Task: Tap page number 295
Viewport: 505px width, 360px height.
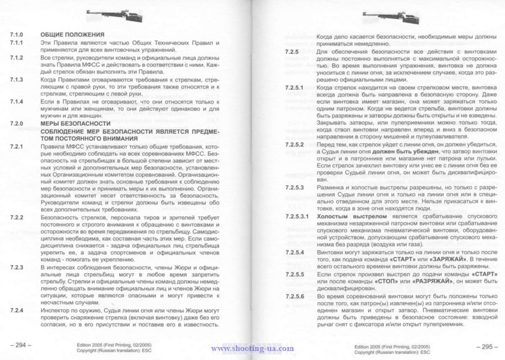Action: click(481, 344)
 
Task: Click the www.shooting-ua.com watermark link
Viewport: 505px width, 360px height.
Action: click(252, 349)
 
